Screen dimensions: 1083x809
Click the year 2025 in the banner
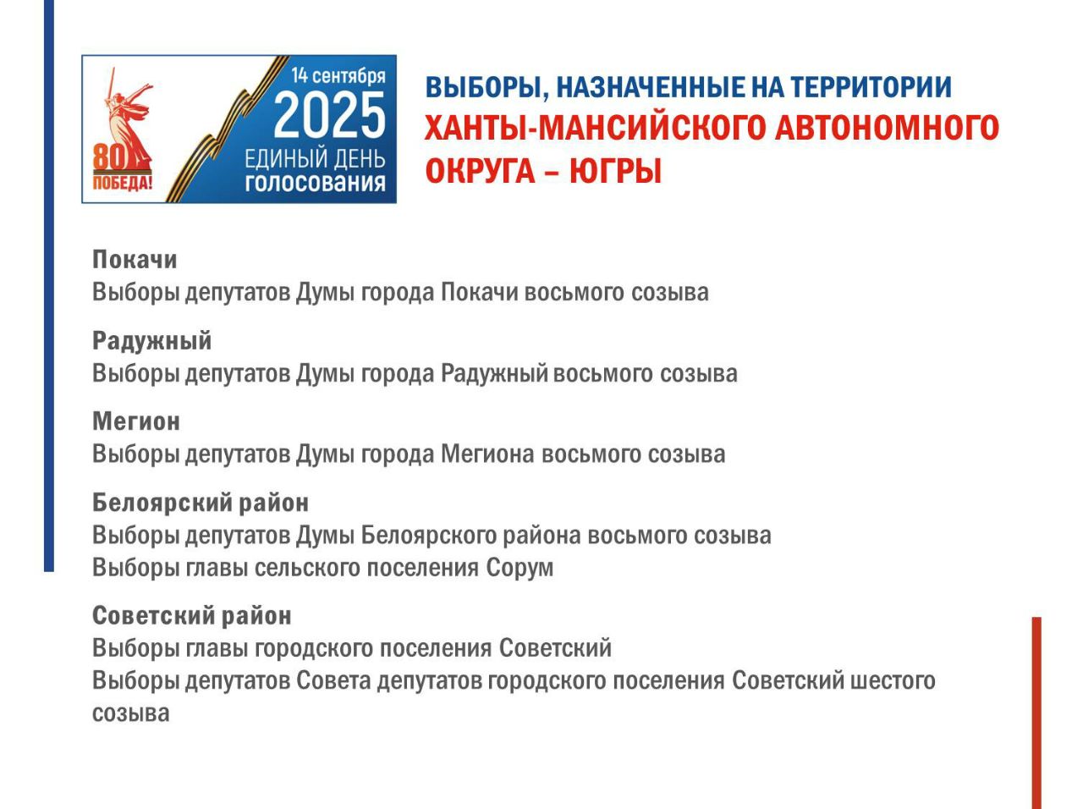click(329, 115)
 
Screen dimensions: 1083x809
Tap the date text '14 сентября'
click(338, 76)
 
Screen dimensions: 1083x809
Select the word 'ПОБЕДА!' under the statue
click(123, 183)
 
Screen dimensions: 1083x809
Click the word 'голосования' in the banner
click(315, 183)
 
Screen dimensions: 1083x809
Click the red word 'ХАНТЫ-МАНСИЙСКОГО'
click(594, 128)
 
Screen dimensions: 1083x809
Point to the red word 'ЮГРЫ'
click(615, 171)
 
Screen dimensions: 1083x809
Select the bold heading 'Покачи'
click(135, 260)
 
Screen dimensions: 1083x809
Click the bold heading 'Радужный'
click(152, 341)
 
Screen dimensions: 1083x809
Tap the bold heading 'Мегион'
click(136, 421)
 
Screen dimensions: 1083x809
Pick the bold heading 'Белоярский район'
click(201, 504)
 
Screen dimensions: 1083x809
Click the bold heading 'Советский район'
click(192, 615)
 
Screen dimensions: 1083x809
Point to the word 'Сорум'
click(520, 567)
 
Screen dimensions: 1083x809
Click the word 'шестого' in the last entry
click(893, 680)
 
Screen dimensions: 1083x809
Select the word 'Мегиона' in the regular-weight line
click(487, 454)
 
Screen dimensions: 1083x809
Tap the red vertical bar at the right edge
click(1036, 713)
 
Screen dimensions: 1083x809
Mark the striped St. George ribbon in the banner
click(227, 129)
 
